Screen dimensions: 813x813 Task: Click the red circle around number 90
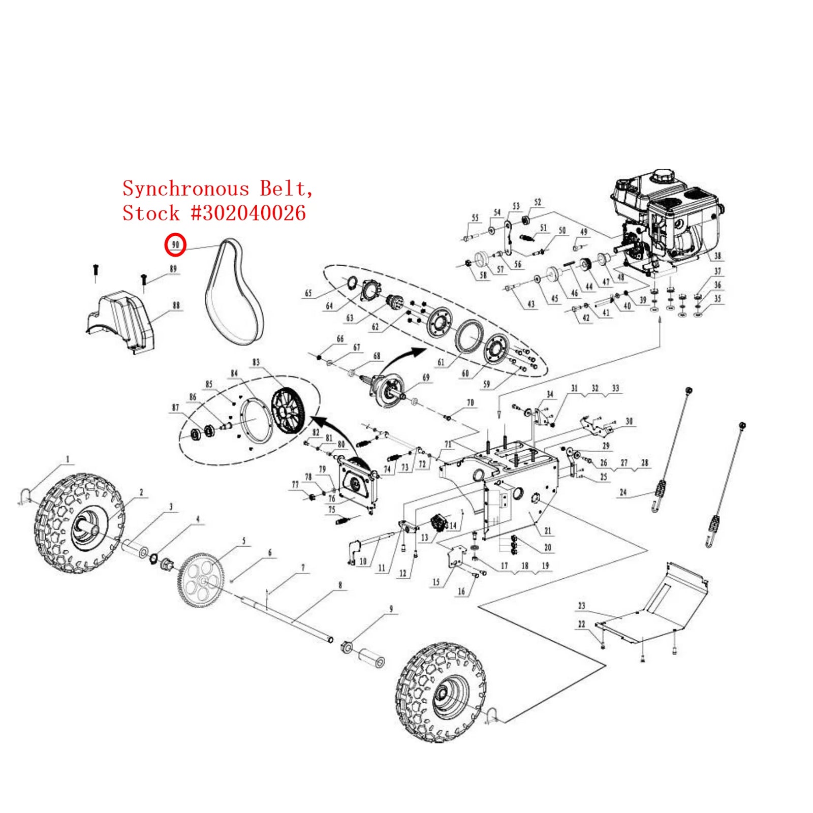coord(175,245)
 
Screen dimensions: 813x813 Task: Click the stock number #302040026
coord(248,213)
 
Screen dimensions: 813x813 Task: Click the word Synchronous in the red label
coord(185,189)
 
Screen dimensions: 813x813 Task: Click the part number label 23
coord(581,606)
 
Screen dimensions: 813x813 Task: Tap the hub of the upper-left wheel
coord(89,528)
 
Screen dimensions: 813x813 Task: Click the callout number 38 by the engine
coord(717,256)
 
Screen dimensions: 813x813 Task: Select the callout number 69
coord(426,377)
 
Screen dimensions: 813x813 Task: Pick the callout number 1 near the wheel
coord(68,459)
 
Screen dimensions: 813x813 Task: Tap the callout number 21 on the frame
coord(547,530)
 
